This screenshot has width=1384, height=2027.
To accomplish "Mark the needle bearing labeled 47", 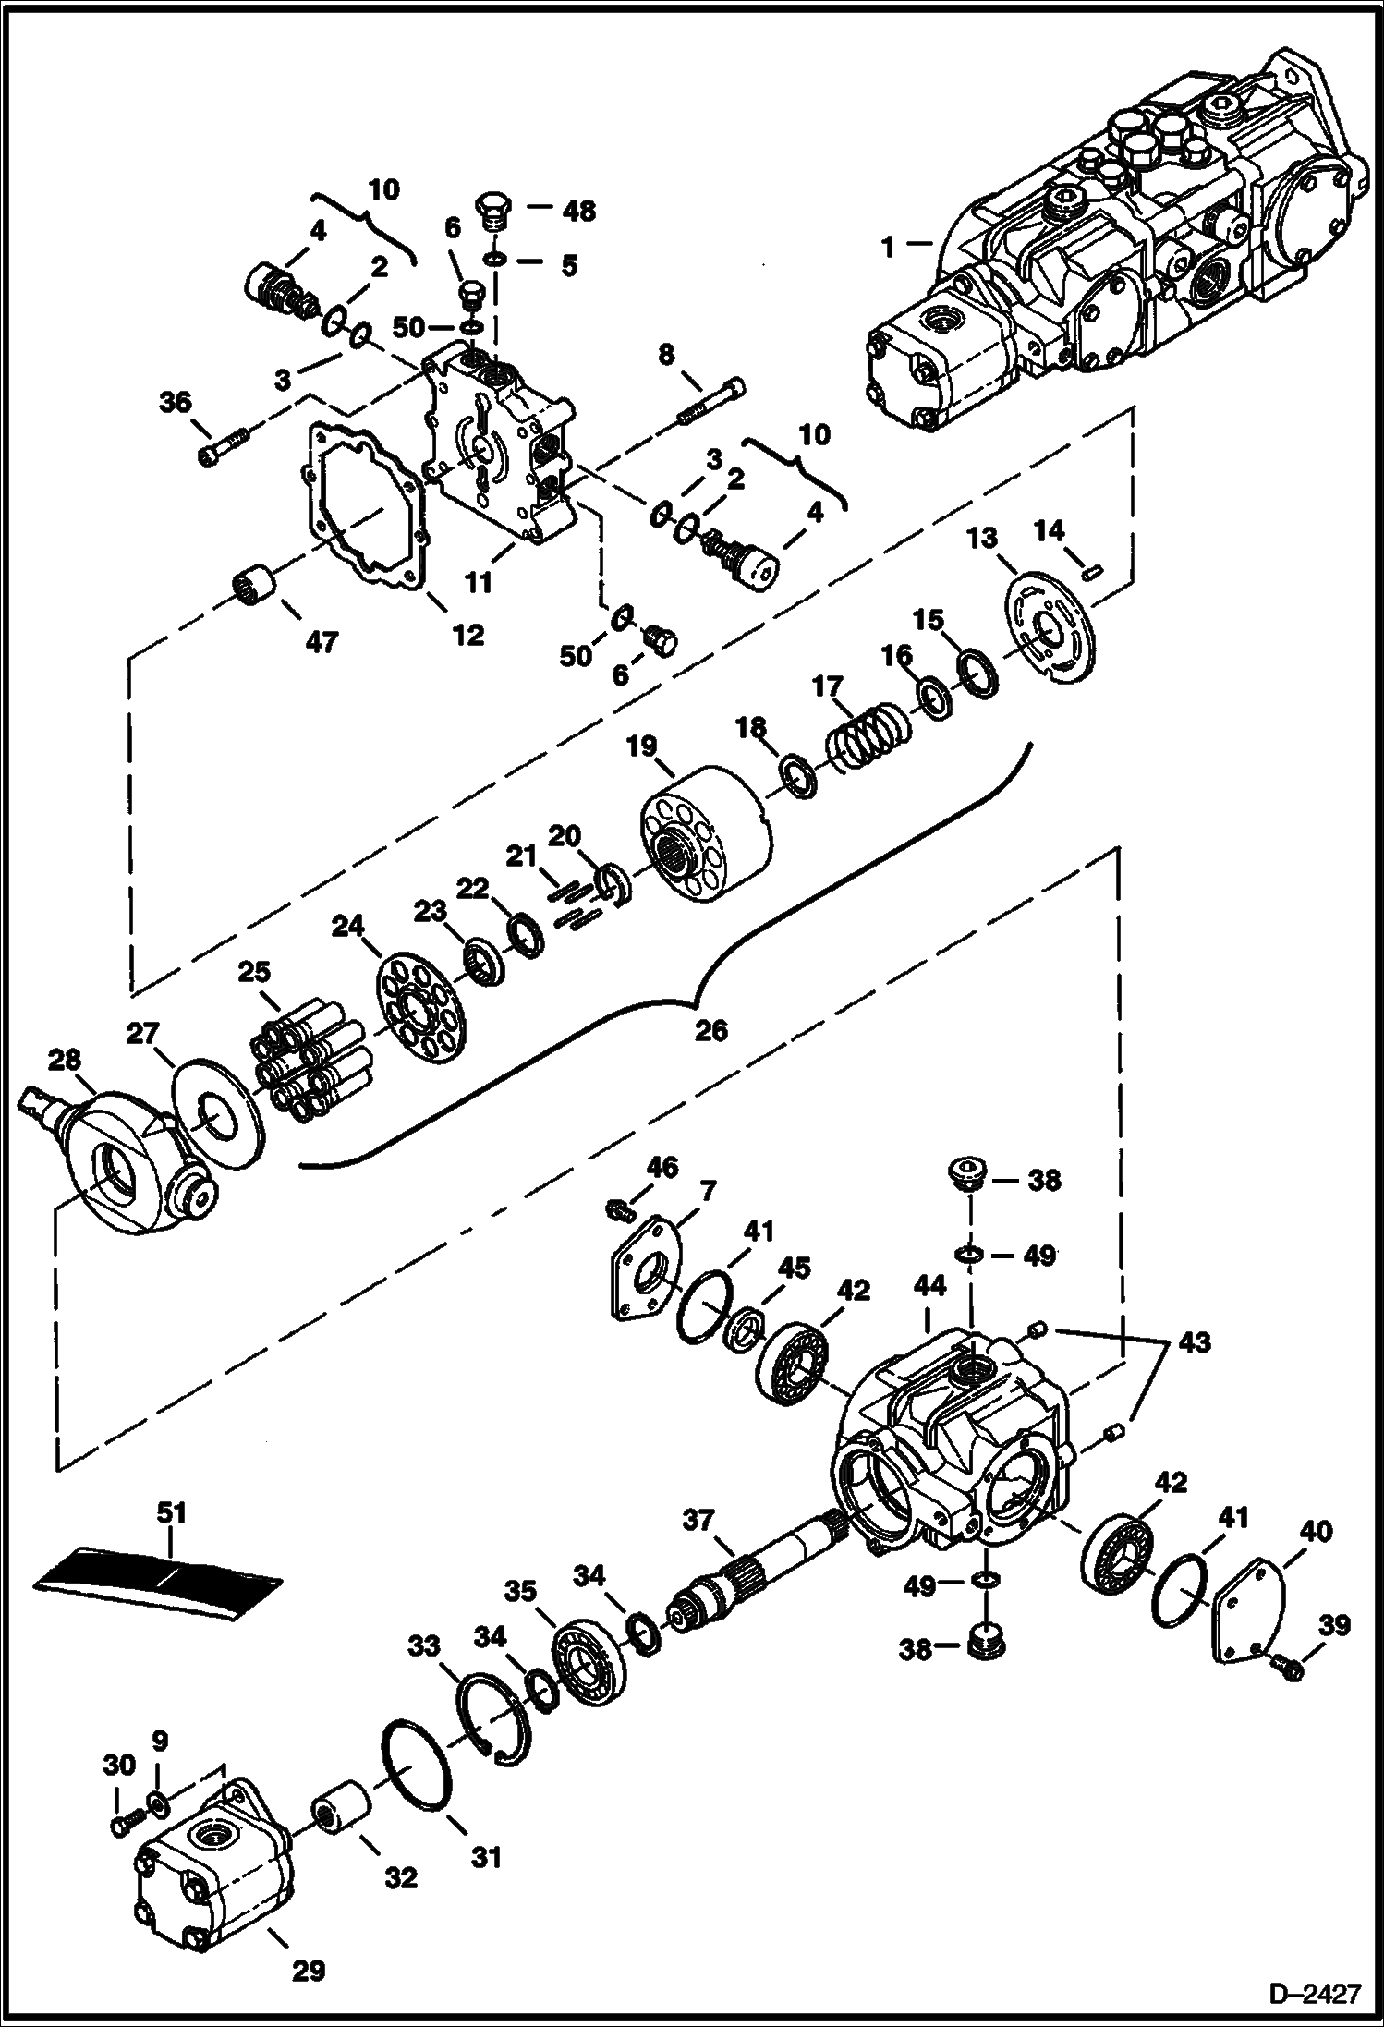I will point(255,587).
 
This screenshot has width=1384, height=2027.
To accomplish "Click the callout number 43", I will point(1194,1341).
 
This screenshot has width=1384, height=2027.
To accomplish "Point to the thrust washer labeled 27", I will point(219,1120).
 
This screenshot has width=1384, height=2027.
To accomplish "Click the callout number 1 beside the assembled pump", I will point(887,248).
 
